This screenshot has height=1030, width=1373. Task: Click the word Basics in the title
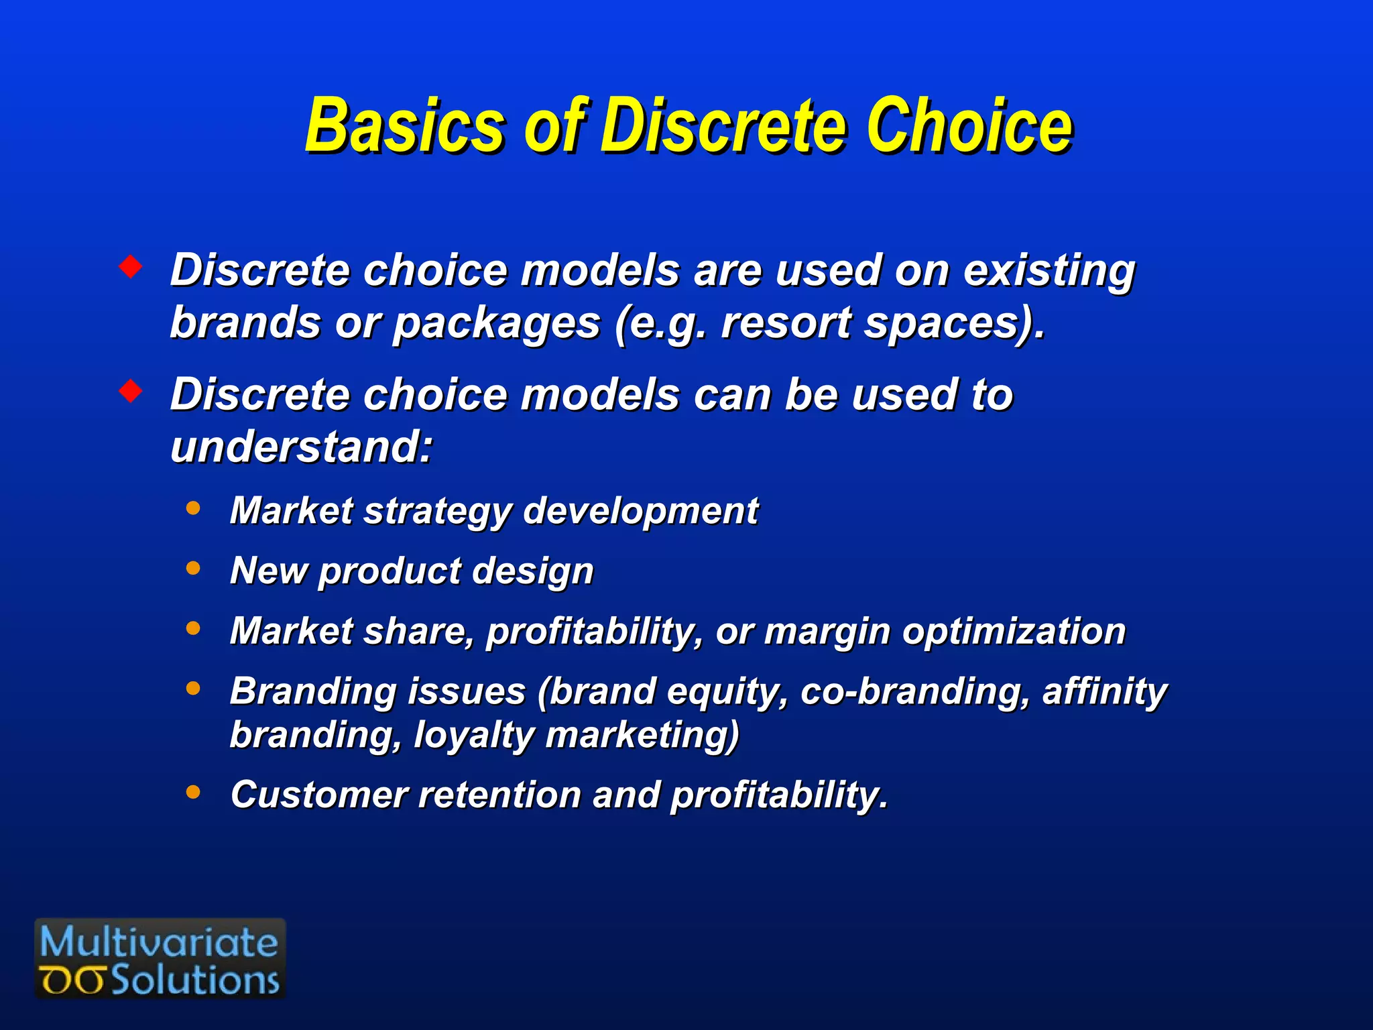coord(403,126)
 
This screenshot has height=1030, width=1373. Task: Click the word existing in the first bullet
coord(1049,272)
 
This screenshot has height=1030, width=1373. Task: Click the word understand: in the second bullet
coord(302,447)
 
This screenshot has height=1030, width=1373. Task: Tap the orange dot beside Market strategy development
coord(193,508)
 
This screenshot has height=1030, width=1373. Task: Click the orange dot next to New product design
coord(193,569)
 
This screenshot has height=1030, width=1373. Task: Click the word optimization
coord(1013,632)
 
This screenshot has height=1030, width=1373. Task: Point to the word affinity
coord(1104,692)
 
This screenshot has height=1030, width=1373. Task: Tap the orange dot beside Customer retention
coord(193,793)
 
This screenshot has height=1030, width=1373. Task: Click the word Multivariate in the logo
coord(159,942)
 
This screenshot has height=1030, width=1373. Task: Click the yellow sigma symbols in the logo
coord(72,981)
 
